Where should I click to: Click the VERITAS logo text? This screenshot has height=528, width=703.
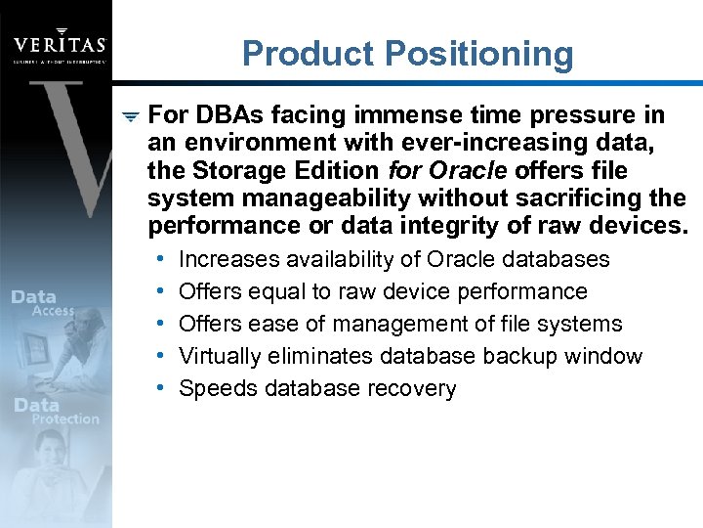[x=60, y=45]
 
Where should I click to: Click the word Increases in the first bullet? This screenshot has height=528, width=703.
[x=227, y=260]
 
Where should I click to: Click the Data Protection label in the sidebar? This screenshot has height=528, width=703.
[x=55, y=412]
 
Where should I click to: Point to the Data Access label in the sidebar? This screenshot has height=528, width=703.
[x=41, y=303]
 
